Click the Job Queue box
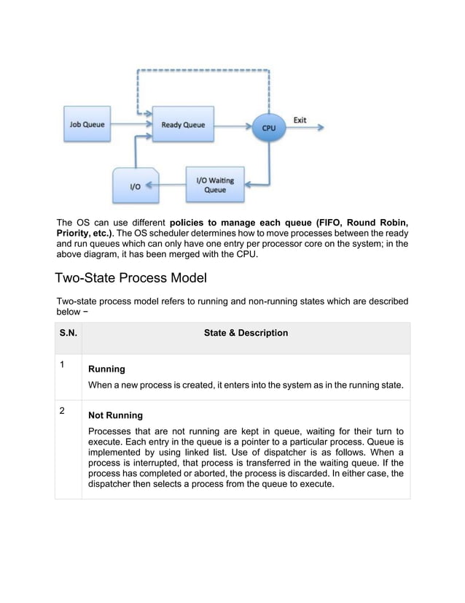[88, 125]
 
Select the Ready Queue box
[183, 125]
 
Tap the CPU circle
[269, 126]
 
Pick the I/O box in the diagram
[135, 185]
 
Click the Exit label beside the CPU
[300, 119]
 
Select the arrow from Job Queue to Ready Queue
[132, 125]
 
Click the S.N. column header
[69, 333]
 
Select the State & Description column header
[246, 333]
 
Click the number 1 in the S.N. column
[63, 364]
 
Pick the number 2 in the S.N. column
[63, 410]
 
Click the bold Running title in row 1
[106, 369]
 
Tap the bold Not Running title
[115, 415]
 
